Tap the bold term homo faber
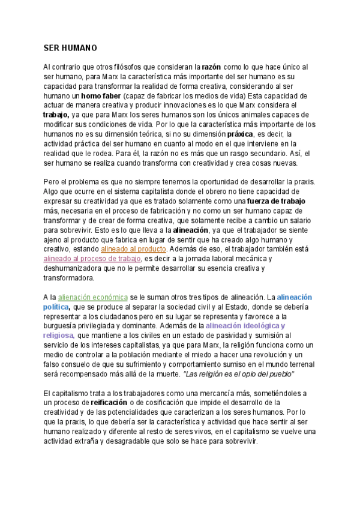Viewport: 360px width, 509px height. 101,95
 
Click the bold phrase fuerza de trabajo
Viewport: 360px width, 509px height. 281,201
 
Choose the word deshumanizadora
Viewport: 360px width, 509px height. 78,268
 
